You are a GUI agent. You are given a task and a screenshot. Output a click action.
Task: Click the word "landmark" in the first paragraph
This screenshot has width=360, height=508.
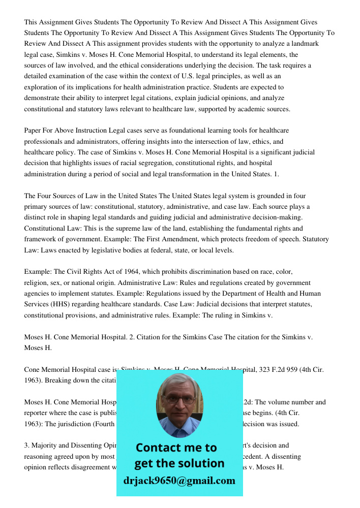tap(304, 44)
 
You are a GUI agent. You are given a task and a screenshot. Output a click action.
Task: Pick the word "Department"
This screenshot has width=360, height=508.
tap(239, 294)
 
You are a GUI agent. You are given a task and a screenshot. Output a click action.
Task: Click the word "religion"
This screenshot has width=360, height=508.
tap(37, 282)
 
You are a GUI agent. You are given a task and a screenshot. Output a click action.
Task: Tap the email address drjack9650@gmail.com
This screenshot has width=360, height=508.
tap(179, 481)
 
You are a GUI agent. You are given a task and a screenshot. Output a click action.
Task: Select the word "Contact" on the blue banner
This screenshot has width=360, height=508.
tap(160, 448)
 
